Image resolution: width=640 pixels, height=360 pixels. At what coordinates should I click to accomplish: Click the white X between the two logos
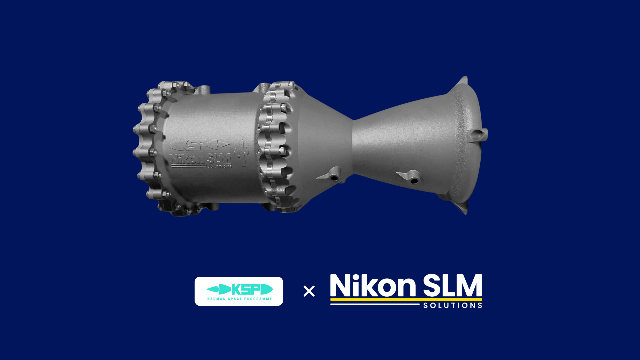(x=309, y=291)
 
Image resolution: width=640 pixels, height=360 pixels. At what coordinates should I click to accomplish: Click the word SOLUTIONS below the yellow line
(x=453, y=305)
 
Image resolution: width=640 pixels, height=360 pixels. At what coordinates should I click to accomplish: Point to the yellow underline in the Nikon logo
(x=406, y=299)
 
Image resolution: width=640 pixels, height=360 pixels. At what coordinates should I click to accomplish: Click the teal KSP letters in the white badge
(x=245, y=289)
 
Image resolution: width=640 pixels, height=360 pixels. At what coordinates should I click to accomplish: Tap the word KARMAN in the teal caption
(x=216, y=299)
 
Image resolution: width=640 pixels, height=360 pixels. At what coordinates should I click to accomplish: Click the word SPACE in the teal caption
(x=235, y=299)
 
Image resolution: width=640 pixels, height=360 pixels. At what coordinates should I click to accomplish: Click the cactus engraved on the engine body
(x=242, y=153)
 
